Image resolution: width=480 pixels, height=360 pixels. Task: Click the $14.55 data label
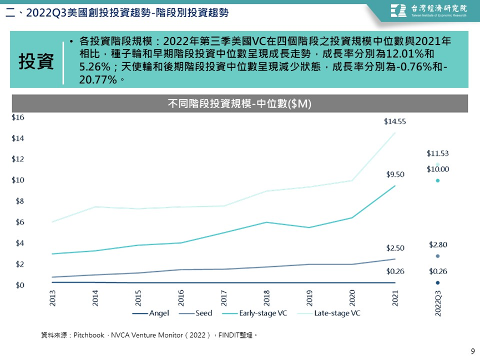point(395,122)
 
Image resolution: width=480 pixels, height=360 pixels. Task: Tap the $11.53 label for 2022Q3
point(438,153)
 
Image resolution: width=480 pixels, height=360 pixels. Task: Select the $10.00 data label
point(438,169)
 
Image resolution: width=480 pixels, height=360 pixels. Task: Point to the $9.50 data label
point(395,175)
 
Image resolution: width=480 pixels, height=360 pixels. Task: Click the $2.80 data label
point(438,245)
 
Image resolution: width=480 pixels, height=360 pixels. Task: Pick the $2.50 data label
point(395,248)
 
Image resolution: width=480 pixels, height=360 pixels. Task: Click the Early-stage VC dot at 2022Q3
point(438,181)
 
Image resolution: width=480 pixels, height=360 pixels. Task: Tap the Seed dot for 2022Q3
point(438,256)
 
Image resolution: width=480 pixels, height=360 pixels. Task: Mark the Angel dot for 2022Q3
point(438,283)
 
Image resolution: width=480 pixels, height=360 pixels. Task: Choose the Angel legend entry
point(150,313)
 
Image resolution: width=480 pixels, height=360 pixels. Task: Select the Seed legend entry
point(196,313)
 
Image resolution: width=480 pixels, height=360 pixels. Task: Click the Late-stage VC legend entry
point(329,313)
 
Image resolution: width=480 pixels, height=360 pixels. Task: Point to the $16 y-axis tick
point(18,118)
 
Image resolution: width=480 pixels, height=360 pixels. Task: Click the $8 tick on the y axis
point(20,201)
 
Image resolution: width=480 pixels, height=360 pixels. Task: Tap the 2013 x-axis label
point(53,298)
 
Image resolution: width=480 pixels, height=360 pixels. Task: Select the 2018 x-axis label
point(266,298)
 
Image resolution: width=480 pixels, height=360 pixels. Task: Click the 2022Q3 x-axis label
point(438,303)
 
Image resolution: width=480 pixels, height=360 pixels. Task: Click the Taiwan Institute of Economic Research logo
point(429,11)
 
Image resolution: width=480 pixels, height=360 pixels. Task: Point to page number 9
point(473,351)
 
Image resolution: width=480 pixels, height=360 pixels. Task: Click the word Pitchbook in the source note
point(89,335)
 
